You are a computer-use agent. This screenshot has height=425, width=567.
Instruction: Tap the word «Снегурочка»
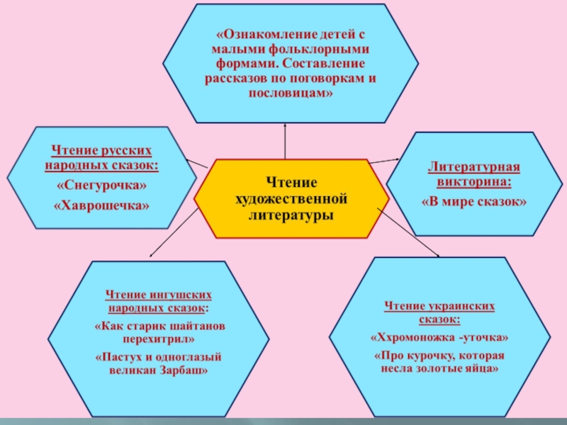(102, 186)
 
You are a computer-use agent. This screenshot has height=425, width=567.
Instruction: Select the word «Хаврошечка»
(102, 205)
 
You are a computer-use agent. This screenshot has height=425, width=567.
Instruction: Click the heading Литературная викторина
(473, 174)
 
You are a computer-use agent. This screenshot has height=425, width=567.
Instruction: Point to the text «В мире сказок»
(473, 201)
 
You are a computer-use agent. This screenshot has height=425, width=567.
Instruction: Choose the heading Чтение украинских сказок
(439, 312)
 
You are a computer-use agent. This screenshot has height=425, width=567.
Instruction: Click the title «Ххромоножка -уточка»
(439, 337)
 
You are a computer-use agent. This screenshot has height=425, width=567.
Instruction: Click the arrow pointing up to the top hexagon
(285, 126)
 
